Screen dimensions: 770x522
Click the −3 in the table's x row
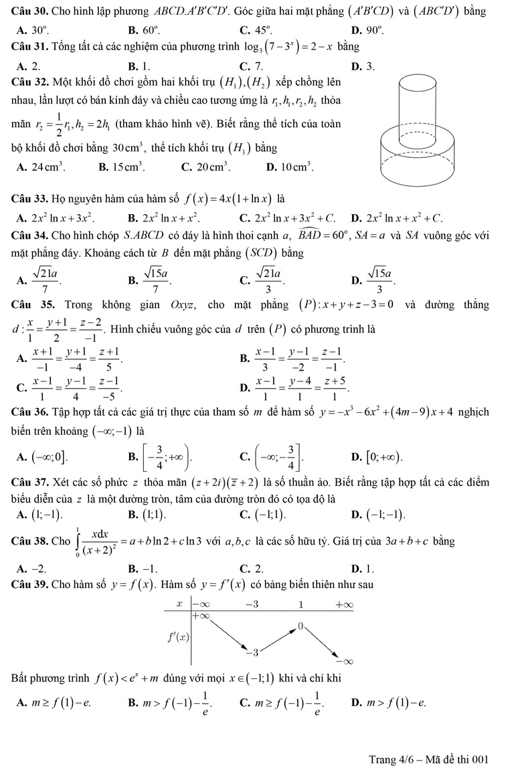point(252,605)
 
